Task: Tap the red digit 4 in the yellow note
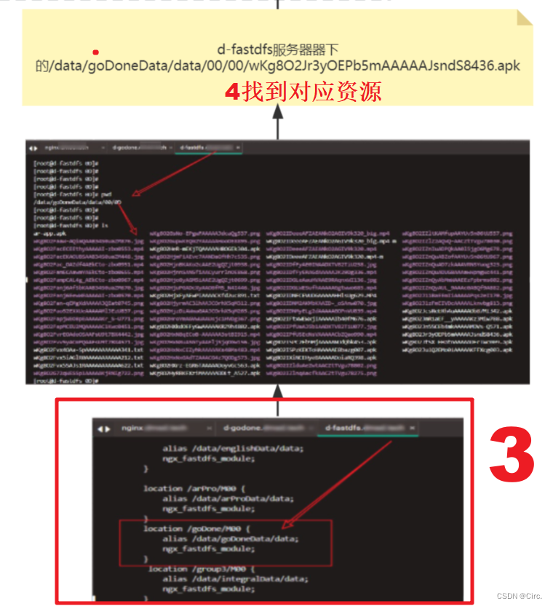232,92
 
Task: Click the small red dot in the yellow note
95,52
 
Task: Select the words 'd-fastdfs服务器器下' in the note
278,50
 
